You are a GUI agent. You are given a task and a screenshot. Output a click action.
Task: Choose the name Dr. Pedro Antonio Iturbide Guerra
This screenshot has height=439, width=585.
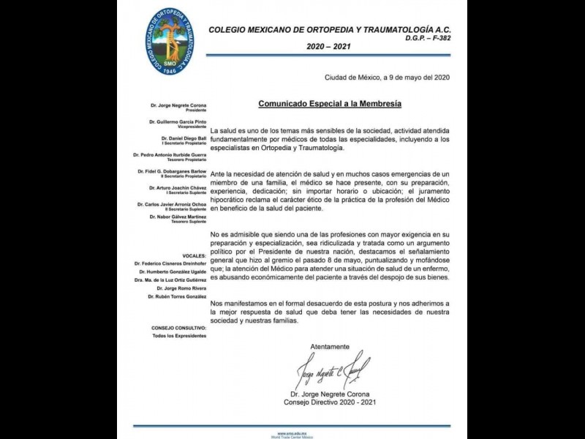pos(170,155)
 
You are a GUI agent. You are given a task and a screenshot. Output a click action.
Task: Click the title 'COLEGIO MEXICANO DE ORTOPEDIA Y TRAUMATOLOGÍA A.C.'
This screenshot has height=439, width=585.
pos(344,30)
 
